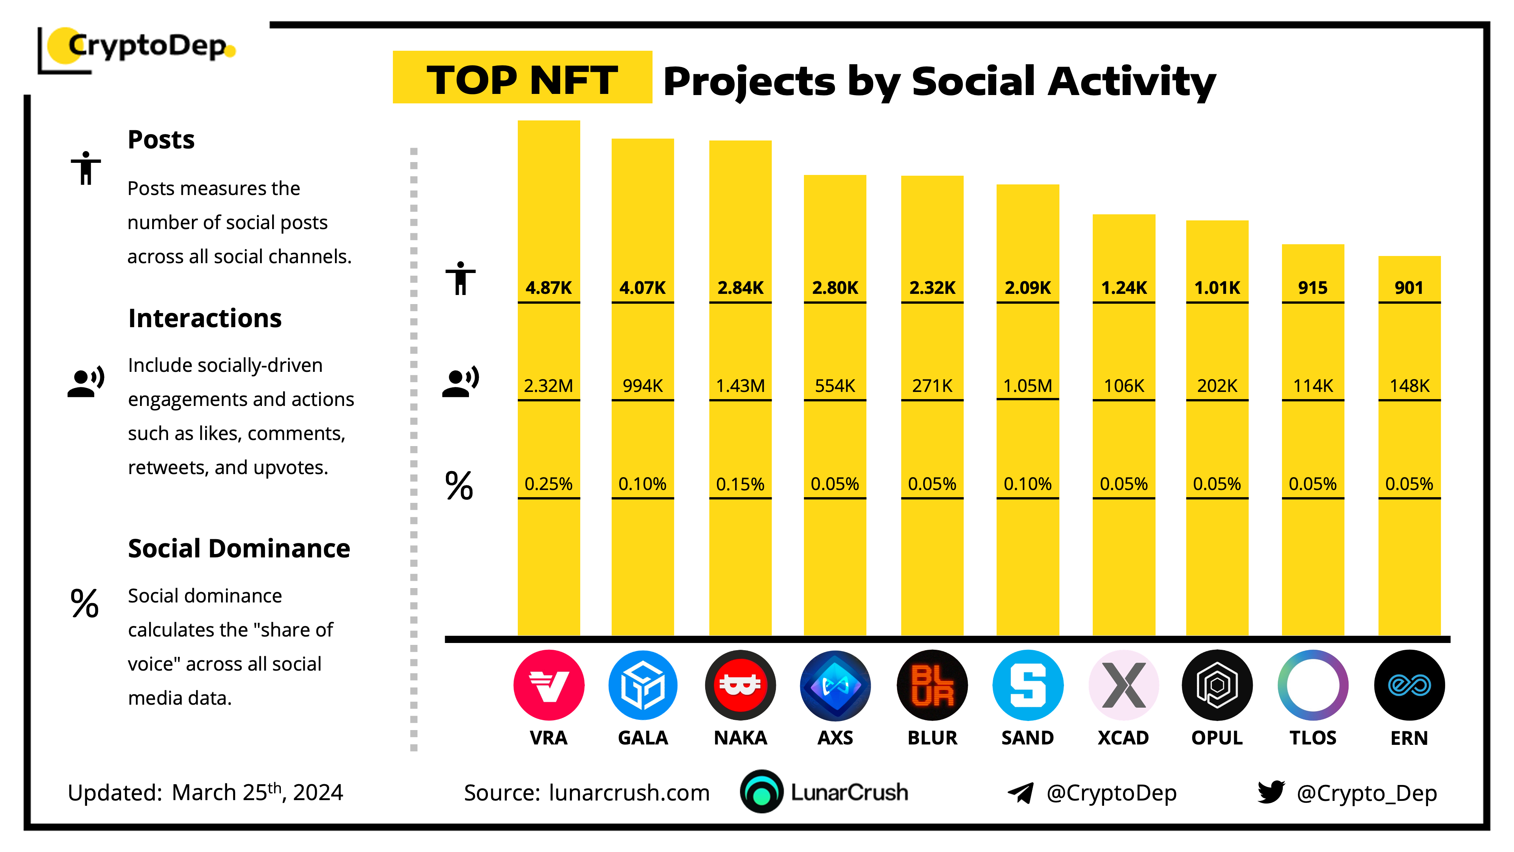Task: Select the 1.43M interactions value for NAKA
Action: pos(740,386)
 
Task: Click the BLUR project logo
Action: pos(932,685)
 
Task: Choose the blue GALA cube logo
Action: pos(643,685)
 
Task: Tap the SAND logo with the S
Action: pos(1028,685)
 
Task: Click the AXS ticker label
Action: pos(835,738)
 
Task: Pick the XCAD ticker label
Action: pos(1123,738)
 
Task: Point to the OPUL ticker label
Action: pos(1217,738)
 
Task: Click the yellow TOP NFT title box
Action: pos(522,77)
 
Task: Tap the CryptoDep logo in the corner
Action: pos(136,49)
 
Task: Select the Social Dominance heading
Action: pos(239,549)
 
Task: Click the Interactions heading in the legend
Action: pos(205,318)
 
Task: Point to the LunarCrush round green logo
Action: pos(762,791)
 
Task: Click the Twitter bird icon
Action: pos(1271,792)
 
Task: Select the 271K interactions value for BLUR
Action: pos(932,386)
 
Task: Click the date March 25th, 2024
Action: pos(257,793)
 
